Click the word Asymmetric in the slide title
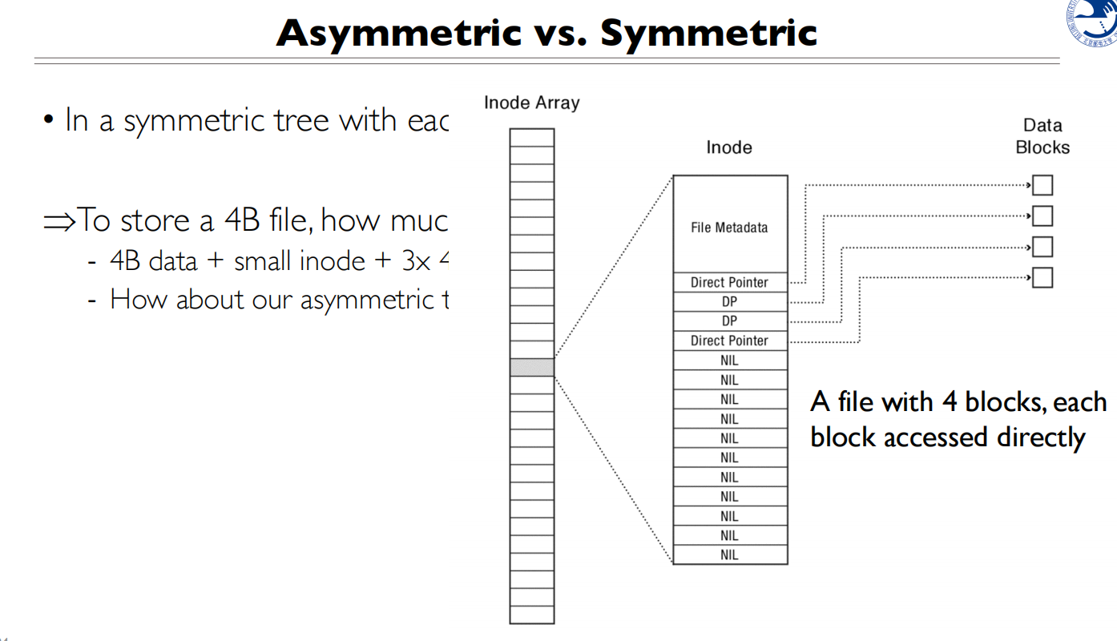(x=398, y=33)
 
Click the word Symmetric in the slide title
(x=708, y=33)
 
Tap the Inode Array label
(x=531, y=103)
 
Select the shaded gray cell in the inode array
(x=532, y=368)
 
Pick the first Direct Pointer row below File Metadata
(x=729, y=282)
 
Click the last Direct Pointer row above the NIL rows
(x=729, y=341)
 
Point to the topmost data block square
(x=1042, y=186)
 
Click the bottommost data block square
(x=1042, y=278)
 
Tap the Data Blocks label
(x=1042, y=136)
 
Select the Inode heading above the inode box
(x=728, y=147)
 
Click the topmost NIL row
(x=729, y=361)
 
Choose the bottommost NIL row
(x=729, y=554)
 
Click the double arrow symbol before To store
(x=58, y=220)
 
